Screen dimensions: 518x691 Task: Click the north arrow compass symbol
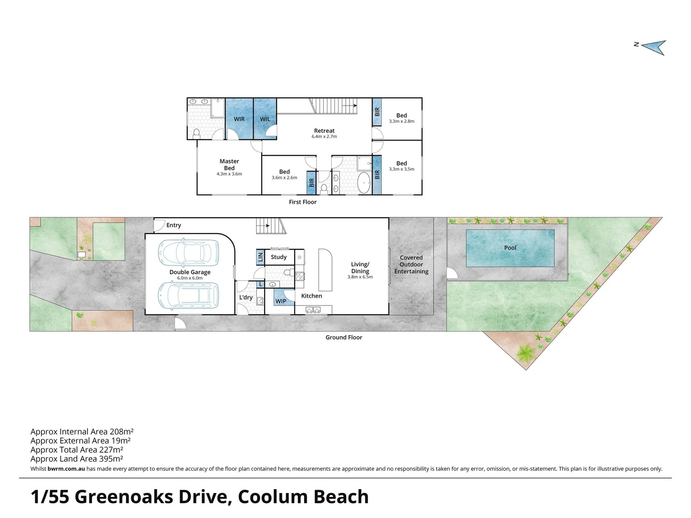(x=654, y=47)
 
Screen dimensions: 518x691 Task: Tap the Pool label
(x=510, y=248)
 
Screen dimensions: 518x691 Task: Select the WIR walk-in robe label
(x=239, y=119)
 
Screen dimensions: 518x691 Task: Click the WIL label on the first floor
(x=265, y=119)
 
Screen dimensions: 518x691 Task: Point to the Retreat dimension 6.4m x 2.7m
(x=324, y=137)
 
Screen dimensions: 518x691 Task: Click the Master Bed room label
(x=229, y=165)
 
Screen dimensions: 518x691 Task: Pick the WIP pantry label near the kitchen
(x=281, y=302)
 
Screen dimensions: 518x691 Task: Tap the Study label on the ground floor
(x=279, y=257)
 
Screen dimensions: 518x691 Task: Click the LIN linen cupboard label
(x=260, y=258)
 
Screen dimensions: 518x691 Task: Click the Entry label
(x=173, y=225)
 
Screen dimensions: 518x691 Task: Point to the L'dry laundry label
(x=246, y=298)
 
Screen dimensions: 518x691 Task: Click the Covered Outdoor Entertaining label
(x=411, y=265)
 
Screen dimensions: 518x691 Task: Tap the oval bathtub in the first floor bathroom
(x=364, y=184)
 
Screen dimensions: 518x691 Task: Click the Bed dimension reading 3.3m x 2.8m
(x=401, y=121)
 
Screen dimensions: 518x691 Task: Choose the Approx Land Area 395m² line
(x=77, y=459)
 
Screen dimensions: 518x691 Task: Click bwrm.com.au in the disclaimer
(x=66, y=469)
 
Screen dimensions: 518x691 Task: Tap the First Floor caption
(x=303, y=202)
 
